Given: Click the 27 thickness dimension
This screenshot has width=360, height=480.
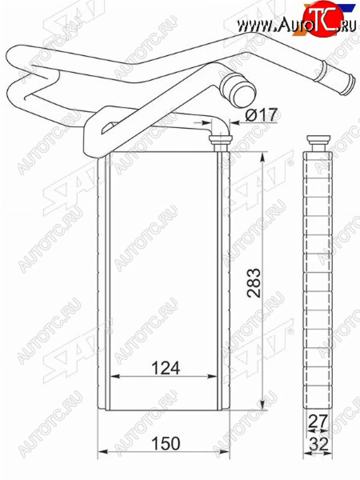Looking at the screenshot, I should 318,421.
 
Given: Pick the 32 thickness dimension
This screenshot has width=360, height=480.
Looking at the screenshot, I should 318,444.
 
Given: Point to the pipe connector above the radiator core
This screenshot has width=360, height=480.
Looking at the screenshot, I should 221,142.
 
